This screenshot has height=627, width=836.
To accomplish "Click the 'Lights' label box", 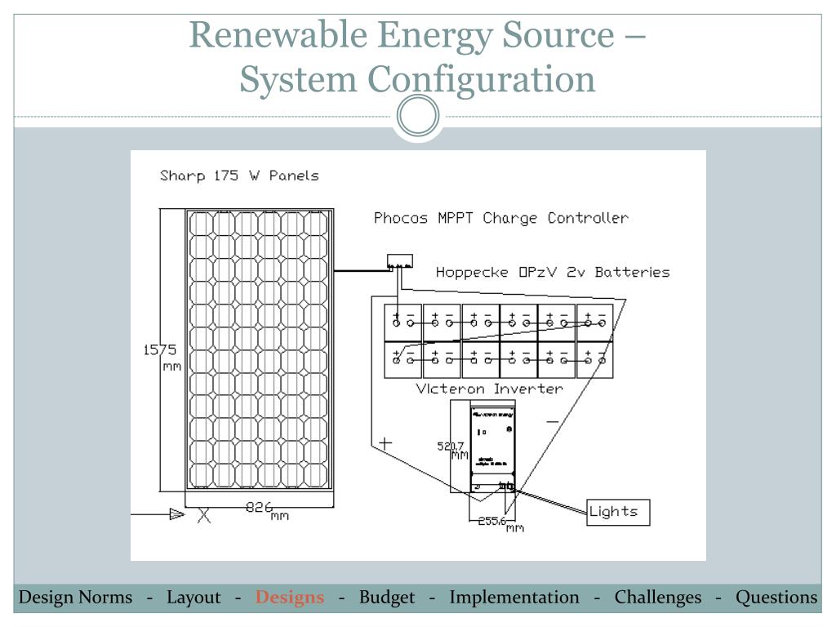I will (618, 512).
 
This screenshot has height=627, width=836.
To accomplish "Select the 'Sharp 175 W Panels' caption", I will (239, 176).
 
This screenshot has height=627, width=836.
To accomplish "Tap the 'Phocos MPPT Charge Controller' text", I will (500, 218).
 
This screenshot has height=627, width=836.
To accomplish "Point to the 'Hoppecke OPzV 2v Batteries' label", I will (552, 272).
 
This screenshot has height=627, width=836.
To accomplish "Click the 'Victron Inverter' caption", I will (489, 389).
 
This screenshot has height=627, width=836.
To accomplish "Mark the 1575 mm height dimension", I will (161, 358).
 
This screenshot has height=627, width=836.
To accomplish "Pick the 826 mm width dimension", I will (267, 510).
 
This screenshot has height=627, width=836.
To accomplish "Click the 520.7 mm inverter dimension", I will (452, 450).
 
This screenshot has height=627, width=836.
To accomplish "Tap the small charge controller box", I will (399, 262).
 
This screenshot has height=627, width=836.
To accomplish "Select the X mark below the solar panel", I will (203, 515).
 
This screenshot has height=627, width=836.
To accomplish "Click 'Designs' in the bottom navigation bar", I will (290, 598).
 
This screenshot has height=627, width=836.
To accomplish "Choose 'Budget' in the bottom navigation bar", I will (387, 598).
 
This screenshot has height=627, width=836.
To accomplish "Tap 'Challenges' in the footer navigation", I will (658, 598).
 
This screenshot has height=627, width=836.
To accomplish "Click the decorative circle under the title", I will (417, 116).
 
